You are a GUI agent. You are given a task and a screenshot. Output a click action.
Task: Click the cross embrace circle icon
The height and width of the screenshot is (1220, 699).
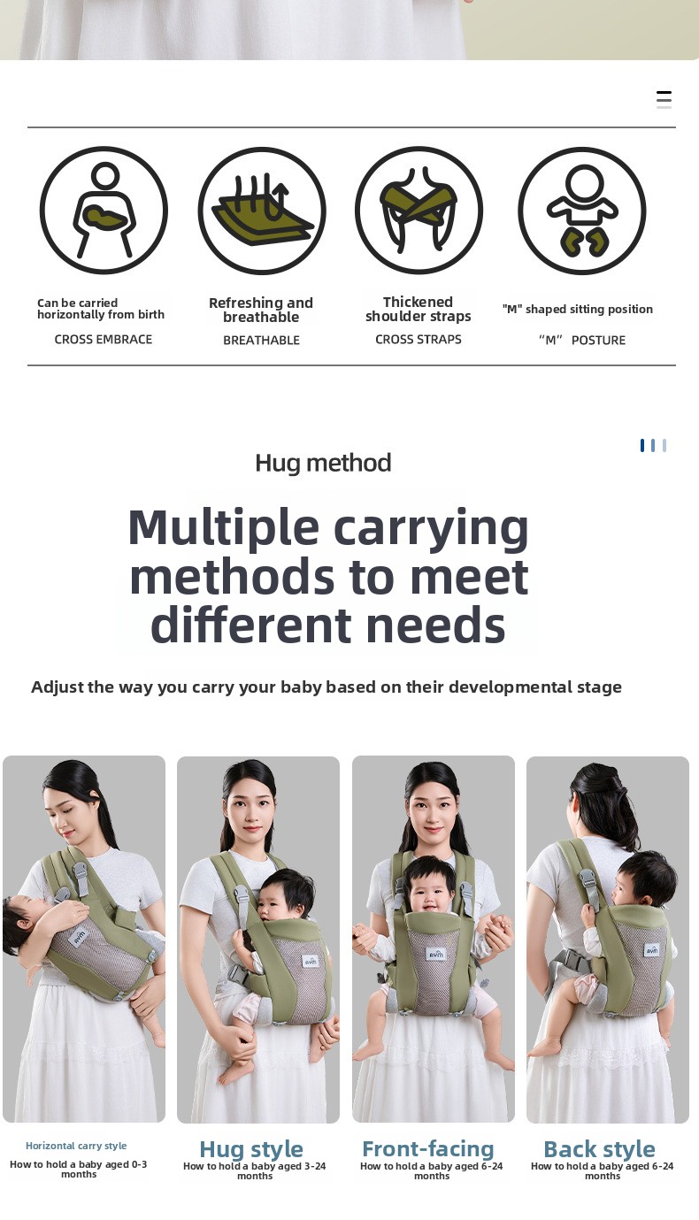[x=104, y=211]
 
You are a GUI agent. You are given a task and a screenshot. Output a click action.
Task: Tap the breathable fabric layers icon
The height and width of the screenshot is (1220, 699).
[x=262, y=211]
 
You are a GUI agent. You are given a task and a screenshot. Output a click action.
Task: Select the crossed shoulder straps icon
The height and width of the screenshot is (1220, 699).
[x=419, y=211]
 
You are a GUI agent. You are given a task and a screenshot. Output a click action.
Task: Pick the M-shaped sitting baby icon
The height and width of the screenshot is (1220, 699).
[x=582, y=211]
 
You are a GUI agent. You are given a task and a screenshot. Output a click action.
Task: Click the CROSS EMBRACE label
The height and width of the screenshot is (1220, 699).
[x=103, y=340]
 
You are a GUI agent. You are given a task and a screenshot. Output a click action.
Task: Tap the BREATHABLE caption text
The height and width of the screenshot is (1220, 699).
[x=262, y=341]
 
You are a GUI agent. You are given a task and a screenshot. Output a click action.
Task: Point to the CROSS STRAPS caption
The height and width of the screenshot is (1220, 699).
[x=419, y=340]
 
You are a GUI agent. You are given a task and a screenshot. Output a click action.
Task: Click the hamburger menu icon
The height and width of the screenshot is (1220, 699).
[x=664, y=99]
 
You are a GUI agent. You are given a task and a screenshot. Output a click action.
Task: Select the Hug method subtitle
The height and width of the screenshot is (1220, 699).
[x=323, y=463]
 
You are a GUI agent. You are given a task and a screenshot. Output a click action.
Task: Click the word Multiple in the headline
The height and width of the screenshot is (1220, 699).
[x=223, y=528]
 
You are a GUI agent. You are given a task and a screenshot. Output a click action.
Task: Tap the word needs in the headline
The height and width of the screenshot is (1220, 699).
[x=436, y=625]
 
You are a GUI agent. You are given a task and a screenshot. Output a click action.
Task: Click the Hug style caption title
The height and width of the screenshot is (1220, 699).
[x=251, y=1149]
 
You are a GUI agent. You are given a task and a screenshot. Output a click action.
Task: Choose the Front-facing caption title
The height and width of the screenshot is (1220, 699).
[x=428, y=1148]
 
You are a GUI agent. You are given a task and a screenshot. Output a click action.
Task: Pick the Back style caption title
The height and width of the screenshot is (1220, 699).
[x=599, y=1149]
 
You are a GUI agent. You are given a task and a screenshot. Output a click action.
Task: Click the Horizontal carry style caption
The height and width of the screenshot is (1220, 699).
[x=76, y=1146]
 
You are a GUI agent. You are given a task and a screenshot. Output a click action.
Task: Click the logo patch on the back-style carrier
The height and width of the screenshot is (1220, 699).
[x=651, y=950]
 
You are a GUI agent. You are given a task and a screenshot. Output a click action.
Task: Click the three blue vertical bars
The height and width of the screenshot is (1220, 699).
[x=653, y=446]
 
